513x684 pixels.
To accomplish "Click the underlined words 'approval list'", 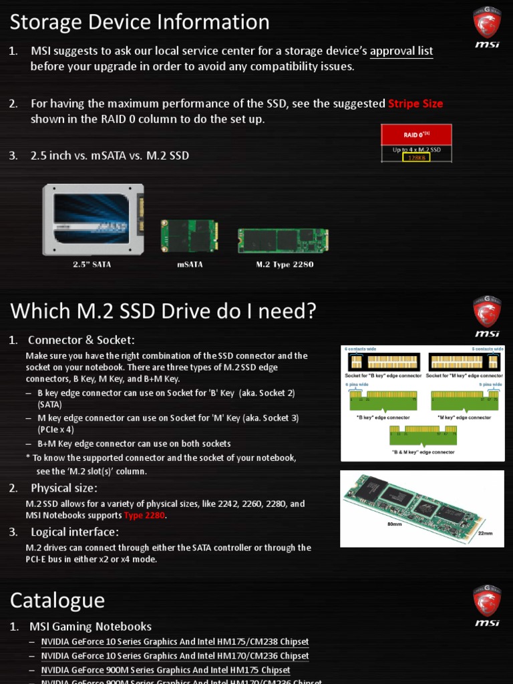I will pyautogui.click(x=401, y=51).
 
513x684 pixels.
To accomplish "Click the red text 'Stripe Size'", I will pyautogui.click(x=415, y=104).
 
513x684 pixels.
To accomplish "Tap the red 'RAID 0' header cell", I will pyautogui.click(x=416, y=135).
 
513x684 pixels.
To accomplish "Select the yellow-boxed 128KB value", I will pyautogui.click(x=416, y=158).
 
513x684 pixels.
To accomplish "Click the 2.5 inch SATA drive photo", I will pyautogui.click(x=93, y=220).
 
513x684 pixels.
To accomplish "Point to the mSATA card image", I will pyautogui.click(x=189, y=236).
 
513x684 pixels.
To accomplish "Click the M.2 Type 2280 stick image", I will pyautogui.click(x=283, y=240).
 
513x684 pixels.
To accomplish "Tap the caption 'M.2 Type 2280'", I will pyautogui.click(x=285, y=265).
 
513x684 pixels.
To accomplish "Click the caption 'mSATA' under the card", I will pyautogui.click(x=190, y=265).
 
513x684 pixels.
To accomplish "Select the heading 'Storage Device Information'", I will pyautogui.click(x=140, y=23).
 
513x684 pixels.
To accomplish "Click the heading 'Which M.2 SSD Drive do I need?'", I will pyautogui.click(x=163, y=311).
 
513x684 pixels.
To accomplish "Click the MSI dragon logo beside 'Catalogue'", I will pyautogui.click(x=487, y=605).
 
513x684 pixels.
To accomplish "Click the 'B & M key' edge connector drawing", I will pyautogui.click(x=423, y=436).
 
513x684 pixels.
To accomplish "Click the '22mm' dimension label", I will pyautogui.click(x=486, y=533).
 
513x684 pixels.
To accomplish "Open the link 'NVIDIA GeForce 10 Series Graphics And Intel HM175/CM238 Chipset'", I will pyautogui.click(x=175, y=642).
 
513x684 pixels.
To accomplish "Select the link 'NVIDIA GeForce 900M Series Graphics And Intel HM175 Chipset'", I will pyautogui.click(x=166, y=670).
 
